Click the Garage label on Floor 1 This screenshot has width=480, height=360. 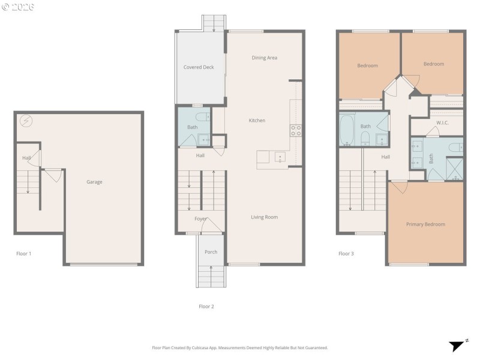94,182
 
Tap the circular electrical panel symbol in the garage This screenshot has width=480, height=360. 26,121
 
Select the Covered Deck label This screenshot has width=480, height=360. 199,67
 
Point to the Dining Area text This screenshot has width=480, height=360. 264,58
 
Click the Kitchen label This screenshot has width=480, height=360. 257,121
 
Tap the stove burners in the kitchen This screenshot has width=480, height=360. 296,129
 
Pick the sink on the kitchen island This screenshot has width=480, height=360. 279,158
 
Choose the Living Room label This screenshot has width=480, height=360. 264,217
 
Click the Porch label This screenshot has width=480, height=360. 211,252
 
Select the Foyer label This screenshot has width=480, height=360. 200,219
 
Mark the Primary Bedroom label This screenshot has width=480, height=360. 425,224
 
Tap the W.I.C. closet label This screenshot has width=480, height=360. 443,122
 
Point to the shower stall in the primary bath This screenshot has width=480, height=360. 454,168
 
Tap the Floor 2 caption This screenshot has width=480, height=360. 206,306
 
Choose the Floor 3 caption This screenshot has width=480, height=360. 346,254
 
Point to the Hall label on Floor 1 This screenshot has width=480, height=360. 26,158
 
